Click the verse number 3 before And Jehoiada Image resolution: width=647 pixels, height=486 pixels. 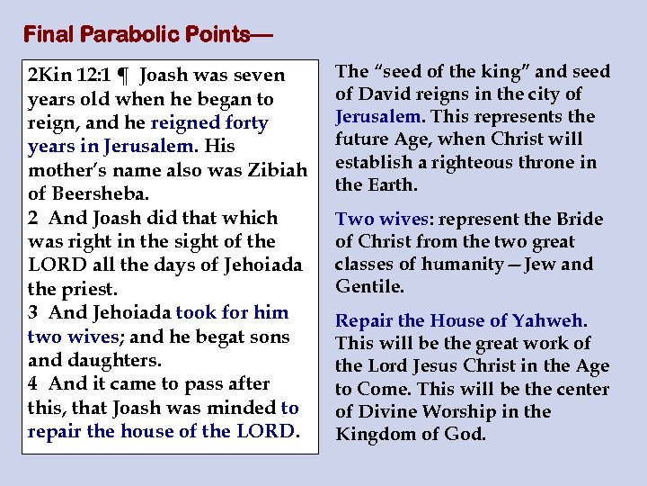(33, 312)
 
